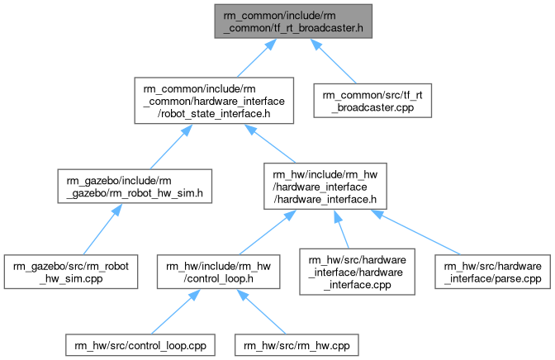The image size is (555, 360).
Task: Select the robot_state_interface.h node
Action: point(215,101)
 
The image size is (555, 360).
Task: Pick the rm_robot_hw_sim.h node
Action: point(135,187)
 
